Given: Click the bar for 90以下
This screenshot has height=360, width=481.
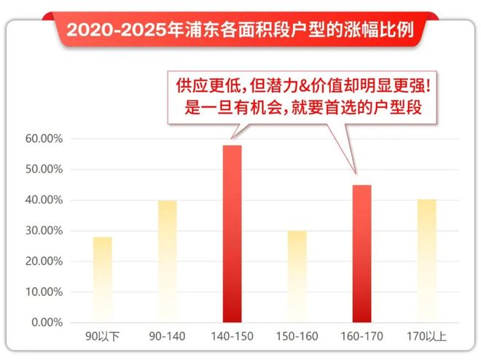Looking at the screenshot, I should click(x=102, y=279).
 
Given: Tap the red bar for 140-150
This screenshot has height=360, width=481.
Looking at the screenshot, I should click(x=232, y=233).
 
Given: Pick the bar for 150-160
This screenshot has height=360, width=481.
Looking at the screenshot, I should click(x=297, y=276).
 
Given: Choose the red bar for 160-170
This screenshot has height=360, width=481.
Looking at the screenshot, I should click(x=361, y=253).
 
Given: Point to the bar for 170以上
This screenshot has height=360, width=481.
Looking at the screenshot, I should click(x=426, y=260).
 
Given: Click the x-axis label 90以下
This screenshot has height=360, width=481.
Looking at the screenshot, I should click(x=103, y=337).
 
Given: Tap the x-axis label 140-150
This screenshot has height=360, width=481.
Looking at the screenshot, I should click(x=232, y=337).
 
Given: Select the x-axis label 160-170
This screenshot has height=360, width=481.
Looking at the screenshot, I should click(x=361, y=337).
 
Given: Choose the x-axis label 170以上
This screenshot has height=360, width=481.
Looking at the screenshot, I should click(x=426, y=337).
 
